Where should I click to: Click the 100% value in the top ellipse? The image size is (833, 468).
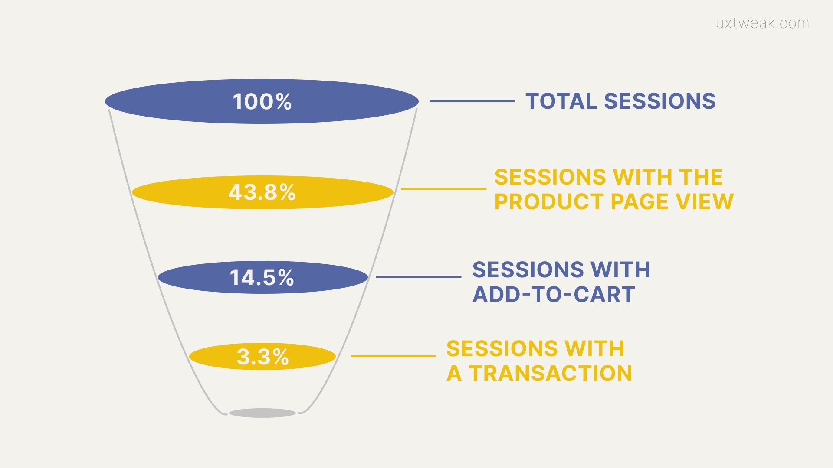pos(262,102)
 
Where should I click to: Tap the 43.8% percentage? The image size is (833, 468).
pos(262,192)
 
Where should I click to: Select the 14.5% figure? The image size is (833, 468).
pos(262,277)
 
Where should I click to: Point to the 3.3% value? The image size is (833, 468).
pos(262,357)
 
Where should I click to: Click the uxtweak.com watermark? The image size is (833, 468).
pos(762,23)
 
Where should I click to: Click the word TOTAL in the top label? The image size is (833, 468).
pos(561,101)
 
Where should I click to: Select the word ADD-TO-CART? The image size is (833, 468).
pos(554,295)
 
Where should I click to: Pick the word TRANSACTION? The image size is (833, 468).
pos(551,374)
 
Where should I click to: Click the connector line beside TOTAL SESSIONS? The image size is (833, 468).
pos(472,101)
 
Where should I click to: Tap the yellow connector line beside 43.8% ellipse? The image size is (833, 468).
pos(444,189)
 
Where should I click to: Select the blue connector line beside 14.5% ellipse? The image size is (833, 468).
pos(419,277)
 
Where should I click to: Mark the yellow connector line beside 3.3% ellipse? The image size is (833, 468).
pos(394,356)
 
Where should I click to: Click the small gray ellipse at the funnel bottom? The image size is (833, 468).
pos(262,413)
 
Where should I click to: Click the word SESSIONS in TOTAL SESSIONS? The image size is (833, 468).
pos(660,101)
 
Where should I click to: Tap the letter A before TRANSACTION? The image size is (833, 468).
pos(454,374)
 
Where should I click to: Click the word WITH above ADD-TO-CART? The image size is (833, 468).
pos(621,270)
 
